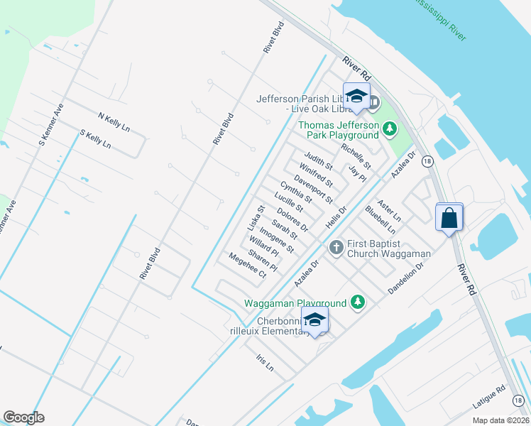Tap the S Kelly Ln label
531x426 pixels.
tap(96, 138)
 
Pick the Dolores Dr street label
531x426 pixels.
tap(292, 219)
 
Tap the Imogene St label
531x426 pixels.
tap(276, 240)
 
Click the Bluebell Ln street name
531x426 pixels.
tap(380, 219)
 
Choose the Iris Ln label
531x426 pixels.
tap(265, 364)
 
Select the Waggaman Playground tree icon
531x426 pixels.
tap(358, 302)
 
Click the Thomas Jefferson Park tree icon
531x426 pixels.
tap(388, 129)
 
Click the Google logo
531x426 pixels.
tap(24, 417)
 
